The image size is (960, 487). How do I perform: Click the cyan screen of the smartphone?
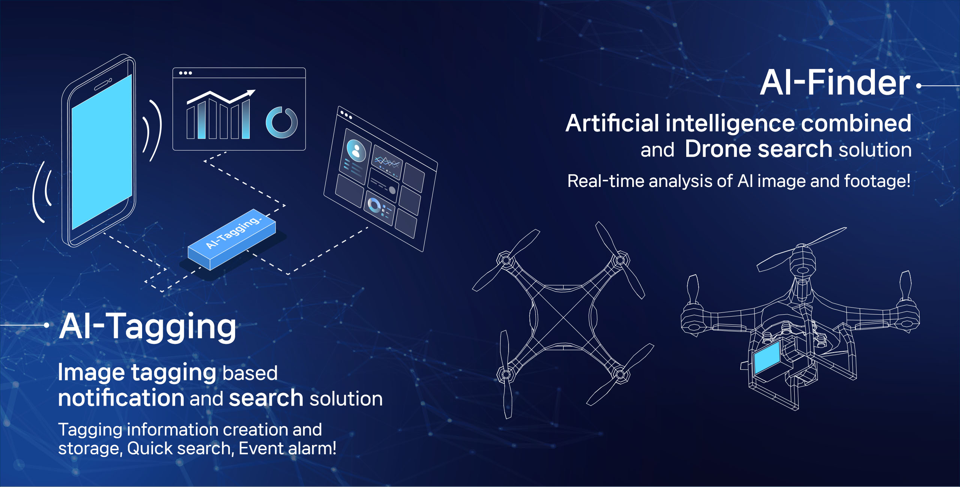click(102, 152)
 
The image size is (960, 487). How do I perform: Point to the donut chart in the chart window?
click(282, 122)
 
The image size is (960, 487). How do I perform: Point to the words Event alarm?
click(287, 448)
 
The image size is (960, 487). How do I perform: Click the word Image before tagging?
click(91, 373)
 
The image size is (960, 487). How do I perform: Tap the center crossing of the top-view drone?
click(563, 317)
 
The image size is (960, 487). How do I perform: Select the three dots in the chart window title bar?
click(185, 73)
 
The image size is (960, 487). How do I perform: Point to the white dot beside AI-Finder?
click(919, 86)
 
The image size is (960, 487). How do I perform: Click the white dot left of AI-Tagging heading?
click(46, 325)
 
